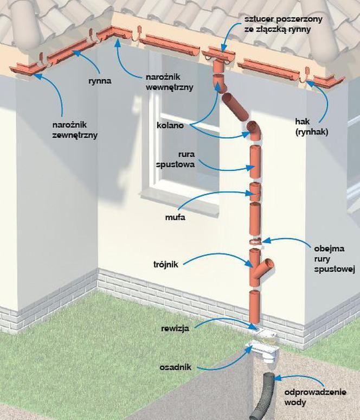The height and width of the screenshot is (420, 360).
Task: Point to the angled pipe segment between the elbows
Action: (x=235, y=107)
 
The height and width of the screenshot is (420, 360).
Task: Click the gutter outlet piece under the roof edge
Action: (x=217, y=55)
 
